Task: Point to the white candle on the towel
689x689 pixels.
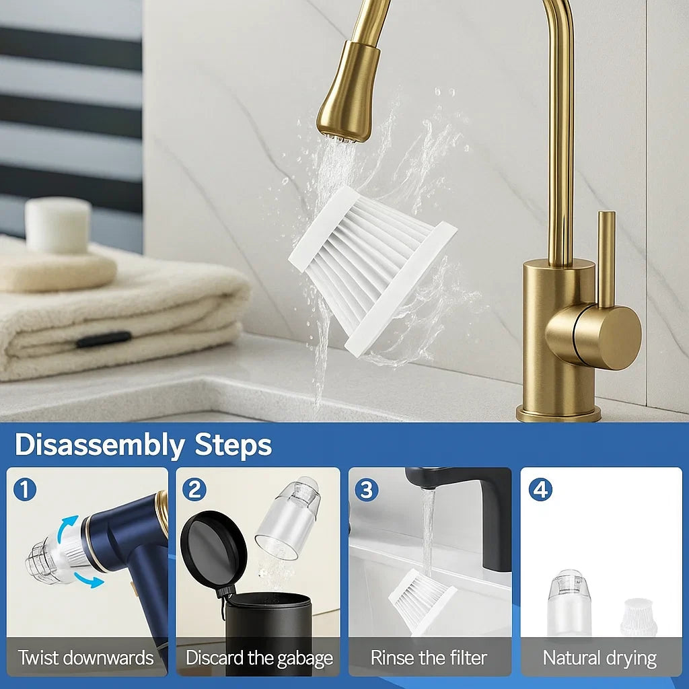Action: tap(58, 225)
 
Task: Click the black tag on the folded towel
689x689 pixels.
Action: tap(104, 339)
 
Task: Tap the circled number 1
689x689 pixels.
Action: tap(25, 490)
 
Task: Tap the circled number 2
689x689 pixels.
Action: tap(194, 490)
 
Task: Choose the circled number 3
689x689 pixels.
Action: tap(367, 490)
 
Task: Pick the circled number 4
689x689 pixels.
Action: tap(540, 490)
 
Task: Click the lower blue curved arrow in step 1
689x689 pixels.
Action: tap(89, 580)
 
